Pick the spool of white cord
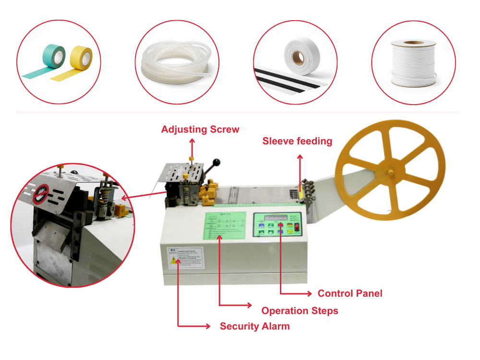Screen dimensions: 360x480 pyautogui.click(x=413, y=62)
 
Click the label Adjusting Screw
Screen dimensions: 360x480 pyautogui.click(x=200, y=130)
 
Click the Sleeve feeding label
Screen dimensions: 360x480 pyautogui.click(x=297, y=141)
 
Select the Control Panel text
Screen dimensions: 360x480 pyautogui.click(x=350, y=293)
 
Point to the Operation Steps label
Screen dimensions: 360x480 pyautogui.click(x=300, y=311)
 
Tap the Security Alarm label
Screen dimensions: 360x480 pyautogui.click(x=254, y=326)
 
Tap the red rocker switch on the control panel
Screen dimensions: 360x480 pyautogui.click(x=296, y=225)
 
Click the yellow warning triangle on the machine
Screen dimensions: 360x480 pyautogui.click(x=173, y=260)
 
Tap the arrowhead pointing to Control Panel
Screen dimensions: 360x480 pyautogui.click(x=310, y=293)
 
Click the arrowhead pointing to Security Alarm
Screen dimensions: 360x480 pyautogui.click(x=208, y=326)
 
